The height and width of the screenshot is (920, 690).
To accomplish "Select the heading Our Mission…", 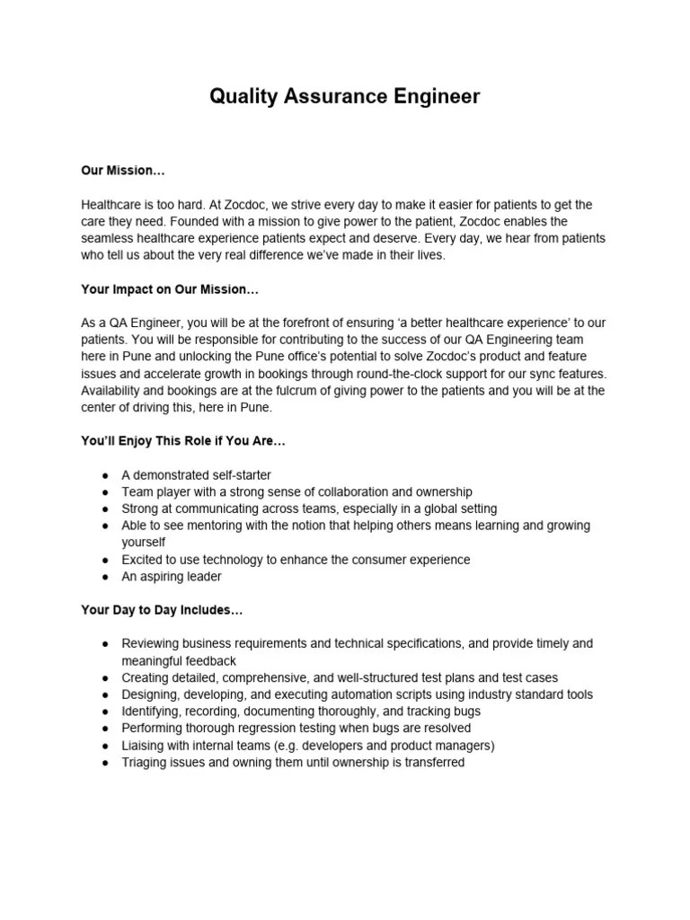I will (123, 171).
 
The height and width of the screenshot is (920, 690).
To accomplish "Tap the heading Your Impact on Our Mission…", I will (170, 290).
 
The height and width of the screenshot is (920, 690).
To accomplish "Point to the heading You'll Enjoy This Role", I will (183, 442).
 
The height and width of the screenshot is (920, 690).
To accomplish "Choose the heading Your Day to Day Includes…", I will (162, 610).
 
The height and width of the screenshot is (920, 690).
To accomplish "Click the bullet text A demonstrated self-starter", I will (196, 475).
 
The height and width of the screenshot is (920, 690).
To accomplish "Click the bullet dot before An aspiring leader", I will (105, 577).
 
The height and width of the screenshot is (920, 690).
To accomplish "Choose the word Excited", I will (144, 560).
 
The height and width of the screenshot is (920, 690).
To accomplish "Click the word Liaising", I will (146, 745).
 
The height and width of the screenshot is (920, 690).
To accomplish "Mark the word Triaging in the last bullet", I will (146, 762).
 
